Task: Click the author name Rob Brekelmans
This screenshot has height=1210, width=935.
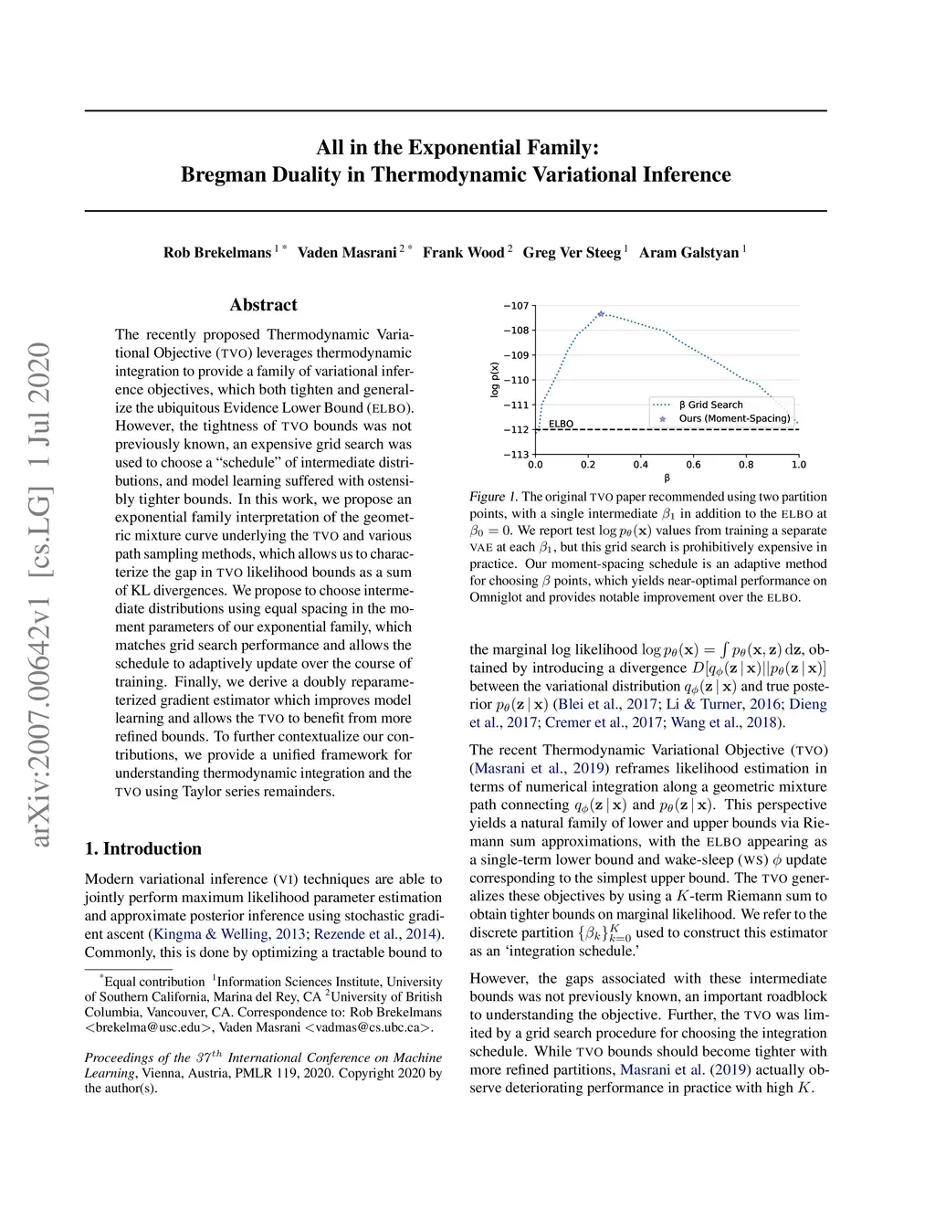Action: pyautogui.click(x=217, y=253)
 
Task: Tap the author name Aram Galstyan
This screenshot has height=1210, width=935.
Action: pyautogui.click(x=688, y=253)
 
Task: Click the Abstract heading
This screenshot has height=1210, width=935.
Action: pyautogui.click(x=263, y=305)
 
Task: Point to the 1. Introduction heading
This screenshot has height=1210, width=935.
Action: pyautogui.click(x=143, y=848)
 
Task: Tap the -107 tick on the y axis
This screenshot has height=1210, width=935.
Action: pyautogui.click(x=517, y=306)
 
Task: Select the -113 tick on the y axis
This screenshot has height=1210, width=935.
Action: pyautogui.click(x=517, y=454)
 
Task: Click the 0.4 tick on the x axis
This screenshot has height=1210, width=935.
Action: pyautogui.click(x=641, y=465)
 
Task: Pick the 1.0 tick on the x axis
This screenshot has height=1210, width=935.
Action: pyautogui.click(x=799, y=465)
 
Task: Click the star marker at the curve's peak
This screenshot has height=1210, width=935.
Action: pyautogui.click(x=601, y=314)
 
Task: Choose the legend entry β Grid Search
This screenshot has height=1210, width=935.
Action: pyautogui.click(x=710, y=405)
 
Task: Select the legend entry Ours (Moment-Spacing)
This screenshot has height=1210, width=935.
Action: pyautogui.click(x=734, y=418)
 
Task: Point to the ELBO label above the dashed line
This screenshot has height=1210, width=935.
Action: pyautogui.click(x=561, y=424)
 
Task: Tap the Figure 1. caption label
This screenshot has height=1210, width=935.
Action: pyautogui.click(x=493, y=497)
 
